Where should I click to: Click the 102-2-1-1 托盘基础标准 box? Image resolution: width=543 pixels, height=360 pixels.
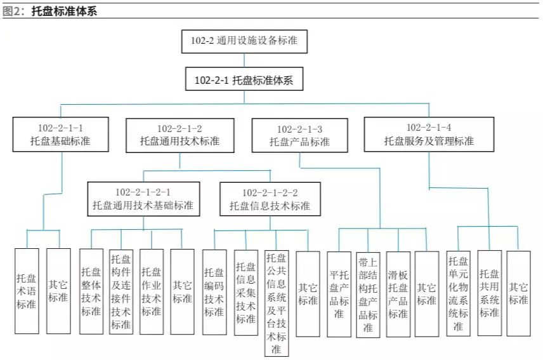click(x=60, y=134)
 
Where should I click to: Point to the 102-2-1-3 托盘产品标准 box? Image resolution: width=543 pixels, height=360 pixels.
click(x=299, y=135)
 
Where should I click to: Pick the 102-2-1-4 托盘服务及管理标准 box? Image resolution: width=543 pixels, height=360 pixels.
click(x=428, y=134)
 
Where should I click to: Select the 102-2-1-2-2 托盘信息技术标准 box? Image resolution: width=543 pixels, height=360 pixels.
click(x=269, y=198)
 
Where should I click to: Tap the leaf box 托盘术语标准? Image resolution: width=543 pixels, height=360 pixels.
click(x=27, y=291)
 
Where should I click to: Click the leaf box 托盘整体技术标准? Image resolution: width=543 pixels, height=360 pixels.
click(x=91, y=291)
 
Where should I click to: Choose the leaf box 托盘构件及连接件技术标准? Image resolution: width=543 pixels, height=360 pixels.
click(x=121, y=291)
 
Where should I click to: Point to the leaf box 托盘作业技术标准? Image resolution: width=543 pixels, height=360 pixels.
click(x=151, y=291)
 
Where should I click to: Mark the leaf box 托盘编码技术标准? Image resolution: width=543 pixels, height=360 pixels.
click(x=214, y=291)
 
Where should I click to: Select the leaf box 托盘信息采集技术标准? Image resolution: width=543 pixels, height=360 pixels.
click(x=245, y=291)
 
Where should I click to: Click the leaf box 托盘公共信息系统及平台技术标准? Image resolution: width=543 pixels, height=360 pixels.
click(x=276, y=302)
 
